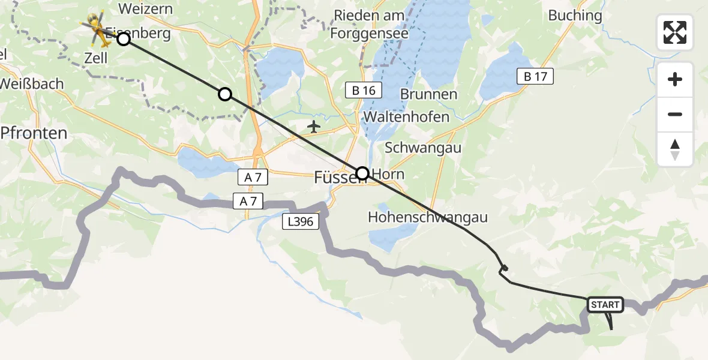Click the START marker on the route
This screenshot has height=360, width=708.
tap(605, 305)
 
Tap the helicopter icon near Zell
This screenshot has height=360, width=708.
tap(97, 29)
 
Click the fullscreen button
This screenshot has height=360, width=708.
tap(675, 32)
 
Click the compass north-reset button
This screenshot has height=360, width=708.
tap(675, 149)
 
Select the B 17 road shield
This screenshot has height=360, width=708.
tap(535, 76)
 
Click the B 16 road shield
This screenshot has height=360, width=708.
tap(364, 91)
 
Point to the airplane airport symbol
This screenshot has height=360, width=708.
tap(313, 127)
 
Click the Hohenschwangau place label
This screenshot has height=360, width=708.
tap(428, 217)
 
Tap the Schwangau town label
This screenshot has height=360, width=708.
tap(423, 148)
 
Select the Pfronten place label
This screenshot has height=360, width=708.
tap(34, 133)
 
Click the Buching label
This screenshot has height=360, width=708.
tap(575, 16)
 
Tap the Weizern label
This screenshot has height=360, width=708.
tap(146, 9)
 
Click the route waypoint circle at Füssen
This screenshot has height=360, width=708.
tap(362, 174)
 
